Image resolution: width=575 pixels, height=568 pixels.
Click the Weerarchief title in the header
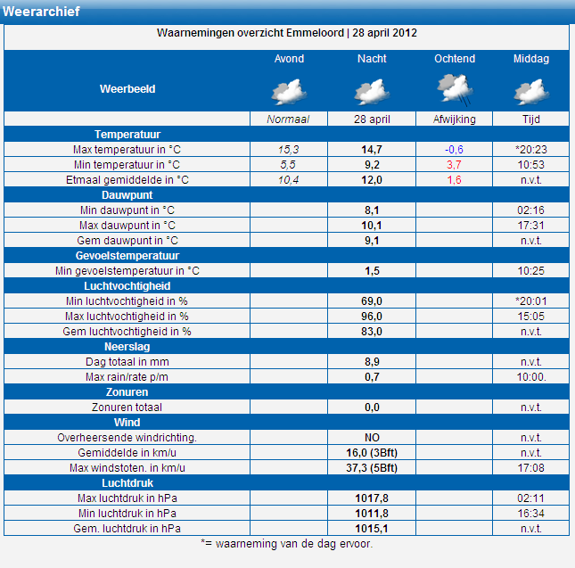coord(41,12)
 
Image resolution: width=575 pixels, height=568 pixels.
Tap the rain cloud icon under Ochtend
coord(455,90)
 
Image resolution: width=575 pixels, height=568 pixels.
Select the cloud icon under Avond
coord(289,92)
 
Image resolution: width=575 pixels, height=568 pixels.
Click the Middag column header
coord(531,59)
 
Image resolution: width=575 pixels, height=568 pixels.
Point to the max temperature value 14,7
coord(372,150)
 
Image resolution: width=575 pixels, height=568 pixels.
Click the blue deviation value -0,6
coord(454,150)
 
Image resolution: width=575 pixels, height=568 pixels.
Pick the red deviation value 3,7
coord(454,165)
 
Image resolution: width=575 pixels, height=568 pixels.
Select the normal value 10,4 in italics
coord(288,180)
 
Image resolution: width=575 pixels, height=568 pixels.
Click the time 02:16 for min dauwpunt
coord(530,210)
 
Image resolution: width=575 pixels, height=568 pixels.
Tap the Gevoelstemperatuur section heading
coord(127,256)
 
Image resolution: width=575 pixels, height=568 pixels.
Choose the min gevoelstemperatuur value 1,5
coord(372,271)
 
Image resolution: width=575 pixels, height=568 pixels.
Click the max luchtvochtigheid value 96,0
coord(372,317)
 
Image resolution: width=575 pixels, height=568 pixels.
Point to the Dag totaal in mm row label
coord(127,362)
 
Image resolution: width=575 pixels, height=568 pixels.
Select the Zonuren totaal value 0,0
coord(372,407)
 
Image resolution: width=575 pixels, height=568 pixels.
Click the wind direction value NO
coord(372,438)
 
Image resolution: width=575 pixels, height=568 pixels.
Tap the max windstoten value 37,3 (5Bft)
coord(372,468)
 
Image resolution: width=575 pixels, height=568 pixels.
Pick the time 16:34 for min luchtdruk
coord(530,514)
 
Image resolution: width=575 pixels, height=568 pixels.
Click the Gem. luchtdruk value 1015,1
coord(372,529)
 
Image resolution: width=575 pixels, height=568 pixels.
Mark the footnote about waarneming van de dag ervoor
coord(287,543)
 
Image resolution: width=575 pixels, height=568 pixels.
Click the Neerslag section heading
coord(127,347)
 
